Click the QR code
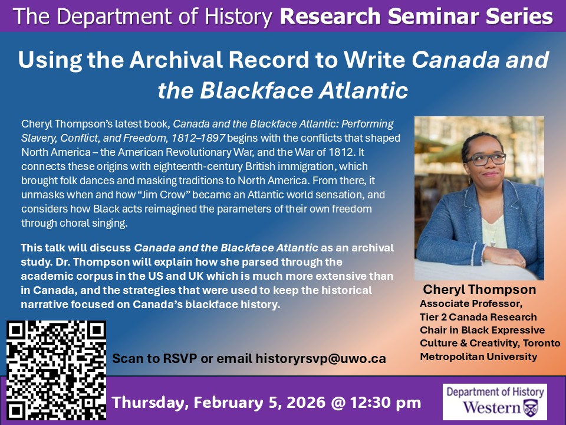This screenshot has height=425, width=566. click(x=56, y=370)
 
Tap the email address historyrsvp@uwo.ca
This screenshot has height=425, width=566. click(x=321, y=358)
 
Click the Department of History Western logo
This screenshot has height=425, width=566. click(x=495, y=401)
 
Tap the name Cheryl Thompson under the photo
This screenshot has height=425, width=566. click(x=479, y=289)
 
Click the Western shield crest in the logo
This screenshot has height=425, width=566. click(x=532, y=408)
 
